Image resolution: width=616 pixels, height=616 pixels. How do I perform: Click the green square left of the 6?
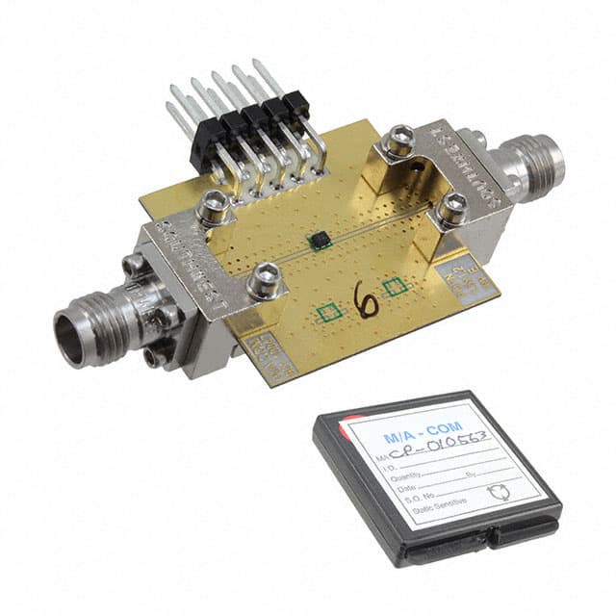coord(329,311)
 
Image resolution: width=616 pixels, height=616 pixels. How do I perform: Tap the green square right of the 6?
coord(392,286)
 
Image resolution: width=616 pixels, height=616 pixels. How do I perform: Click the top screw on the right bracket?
coord(398,143)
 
